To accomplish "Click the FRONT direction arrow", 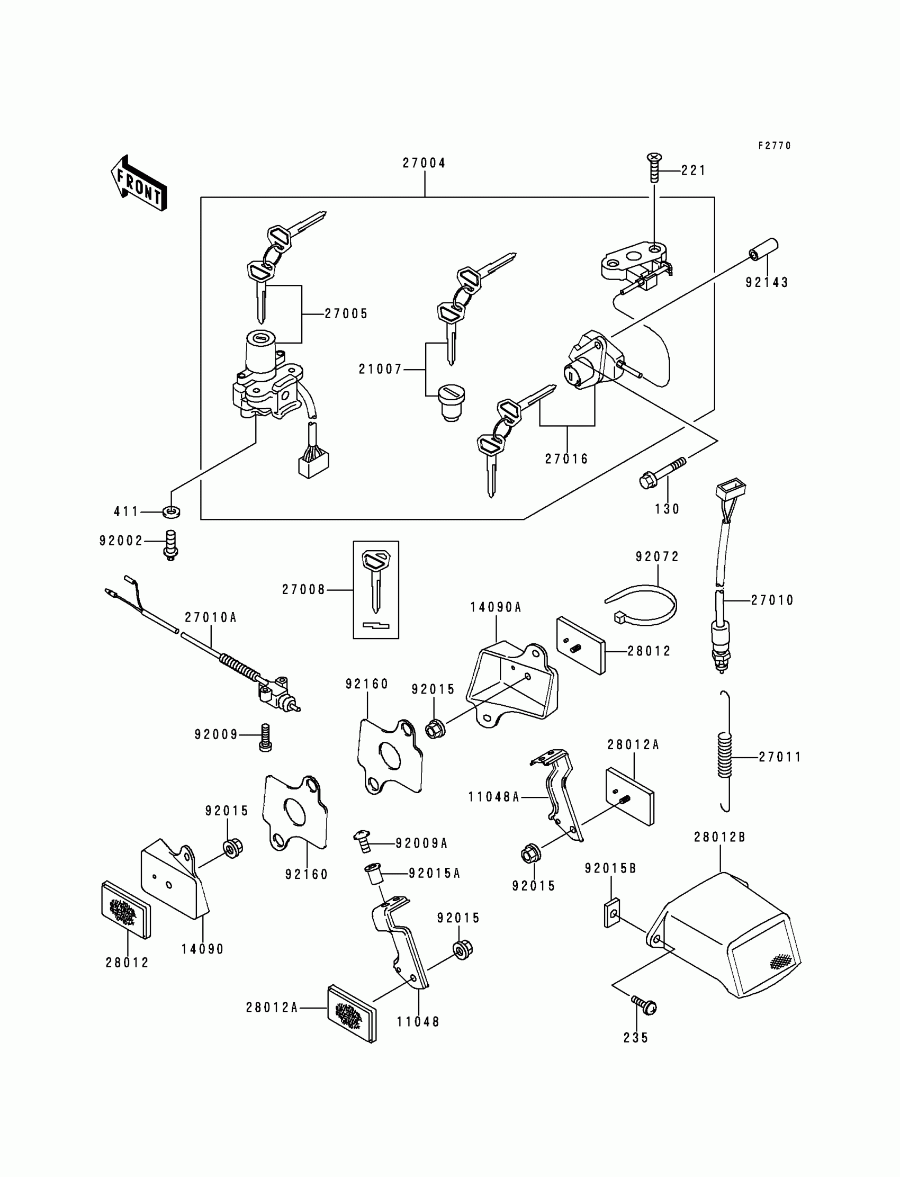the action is pyautogui.click(x=139, y=183).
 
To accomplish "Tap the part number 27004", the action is pyautogui.click(x=424, y=163).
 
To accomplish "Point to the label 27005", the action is pyautogui.click(x=347, y=314).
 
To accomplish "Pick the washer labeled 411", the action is pyautogui.click(x=171, y=511).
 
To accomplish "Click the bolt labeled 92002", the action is pyautogui.click(x=170, y=545).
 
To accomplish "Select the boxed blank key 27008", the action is pyautogui.click(x=375, y=589).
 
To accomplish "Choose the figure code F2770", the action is pyautogui.click(x=775, y=146).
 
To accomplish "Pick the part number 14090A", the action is pyautogui.click(x=496, y=607).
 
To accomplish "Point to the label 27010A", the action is pyautogui.click(x=211, y=617).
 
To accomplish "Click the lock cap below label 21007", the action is pyautogui.click(x=451, y=403).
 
